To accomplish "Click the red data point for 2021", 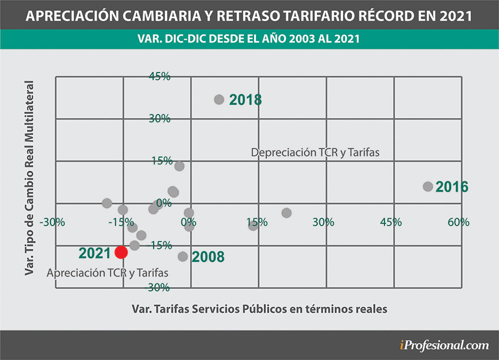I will [121, 252].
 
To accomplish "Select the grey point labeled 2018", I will [219, 99].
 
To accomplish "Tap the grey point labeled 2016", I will [428, 187].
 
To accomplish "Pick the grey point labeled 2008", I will [183, 256].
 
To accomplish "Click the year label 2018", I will [246, 100].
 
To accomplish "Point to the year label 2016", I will [451, 187].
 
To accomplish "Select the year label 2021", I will [94, 253].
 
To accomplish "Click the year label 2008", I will [208, 257].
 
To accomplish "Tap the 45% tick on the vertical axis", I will [159, 77].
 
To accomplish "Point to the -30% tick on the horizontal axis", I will [52, 222].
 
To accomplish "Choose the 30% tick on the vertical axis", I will [159, 118].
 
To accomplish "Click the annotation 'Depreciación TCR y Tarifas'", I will [314, 153].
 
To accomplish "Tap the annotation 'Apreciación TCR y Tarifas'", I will [108, 272].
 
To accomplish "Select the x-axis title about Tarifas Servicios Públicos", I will [259, 309].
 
